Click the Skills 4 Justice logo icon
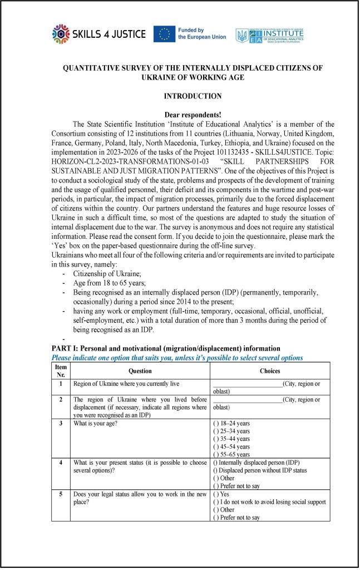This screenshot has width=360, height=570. pos(60,35)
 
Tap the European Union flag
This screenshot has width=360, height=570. pos(164,34)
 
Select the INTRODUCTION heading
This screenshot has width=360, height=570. pos(193,96)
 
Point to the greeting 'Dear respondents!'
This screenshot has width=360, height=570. pos(193,114)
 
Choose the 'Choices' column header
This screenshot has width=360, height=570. pos(270,371)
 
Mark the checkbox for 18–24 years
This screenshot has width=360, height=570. pos(216,424)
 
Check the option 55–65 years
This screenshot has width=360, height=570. pos(216,455)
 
